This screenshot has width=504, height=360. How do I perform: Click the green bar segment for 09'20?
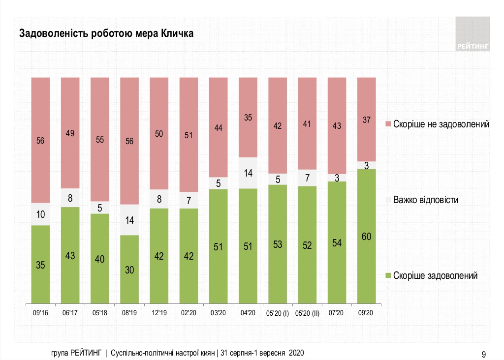pyautogui.click(x=366, y=236)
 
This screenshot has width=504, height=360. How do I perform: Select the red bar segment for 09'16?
pyautogui.click(x=40, y=140)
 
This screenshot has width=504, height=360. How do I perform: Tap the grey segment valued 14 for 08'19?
pyautogui.click(x=129, y=220)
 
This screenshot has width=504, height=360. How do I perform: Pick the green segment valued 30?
pyautogui.click(x=129, y=270)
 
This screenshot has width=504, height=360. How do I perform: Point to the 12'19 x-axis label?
pyautogui.click(x=159, y=313)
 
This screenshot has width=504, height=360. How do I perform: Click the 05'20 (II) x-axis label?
pyautogui.click(x=307, y=313)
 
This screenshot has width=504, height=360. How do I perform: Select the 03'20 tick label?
pyautogui.click(x=218, y=313)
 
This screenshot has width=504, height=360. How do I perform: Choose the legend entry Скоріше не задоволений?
pyautogui.click(x=441, y=124)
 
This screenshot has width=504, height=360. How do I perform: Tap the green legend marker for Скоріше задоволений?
pyautogui.click(x=387, y=276)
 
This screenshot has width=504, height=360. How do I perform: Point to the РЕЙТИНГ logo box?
pyautogui.click(x=473, y=33)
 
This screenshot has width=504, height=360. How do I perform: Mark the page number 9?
pyautogui.click(x=484, y=353)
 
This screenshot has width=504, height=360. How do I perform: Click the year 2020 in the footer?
pyautogui.click(x=296, y=353)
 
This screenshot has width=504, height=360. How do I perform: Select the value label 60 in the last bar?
pyautogui.click(x=366, y=237)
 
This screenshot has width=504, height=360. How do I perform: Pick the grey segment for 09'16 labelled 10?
pyautogui.click(x=40, y=214)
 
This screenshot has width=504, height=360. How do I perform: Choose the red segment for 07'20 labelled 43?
pyautogui.click(x=337, y=125)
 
